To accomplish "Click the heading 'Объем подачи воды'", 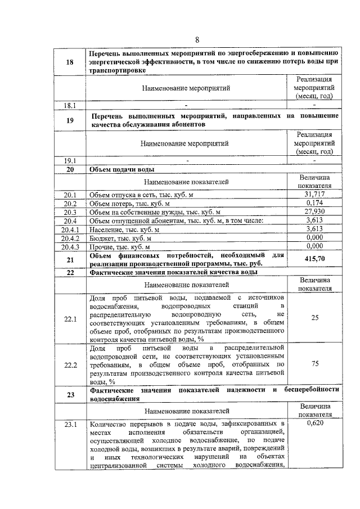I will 122,169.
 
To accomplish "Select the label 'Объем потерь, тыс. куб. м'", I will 129,204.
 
